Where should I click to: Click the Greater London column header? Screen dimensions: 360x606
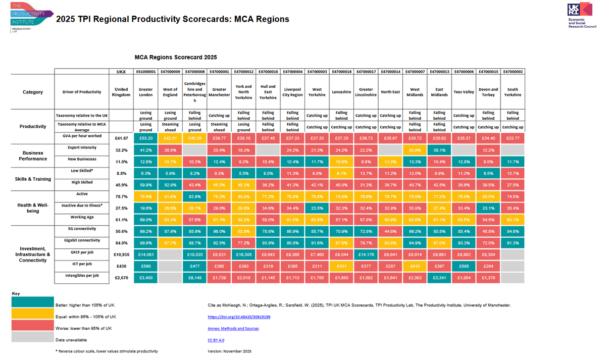click(146, 91)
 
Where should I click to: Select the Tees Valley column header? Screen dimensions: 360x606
click(464, 92)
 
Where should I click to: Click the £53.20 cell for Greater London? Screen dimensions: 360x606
click(146, 137)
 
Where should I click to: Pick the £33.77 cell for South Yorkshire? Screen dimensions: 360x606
click(513, 137)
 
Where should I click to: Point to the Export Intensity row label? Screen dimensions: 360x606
click(82, 147)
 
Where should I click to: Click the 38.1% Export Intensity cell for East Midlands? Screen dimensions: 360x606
click(439, 150)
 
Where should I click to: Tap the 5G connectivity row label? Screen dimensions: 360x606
click(82, 228)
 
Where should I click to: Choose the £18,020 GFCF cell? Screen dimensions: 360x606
click(195, 253)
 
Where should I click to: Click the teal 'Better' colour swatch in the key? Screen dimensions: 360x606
click(32, 304)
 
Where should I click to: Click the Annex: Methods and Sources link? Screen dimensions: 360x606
click(233, 328)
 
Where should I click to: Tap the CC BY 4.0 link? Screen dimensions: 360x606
click(216, 340)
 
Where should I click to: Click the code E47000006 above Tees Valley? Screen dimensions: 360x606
click(464, 72)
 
